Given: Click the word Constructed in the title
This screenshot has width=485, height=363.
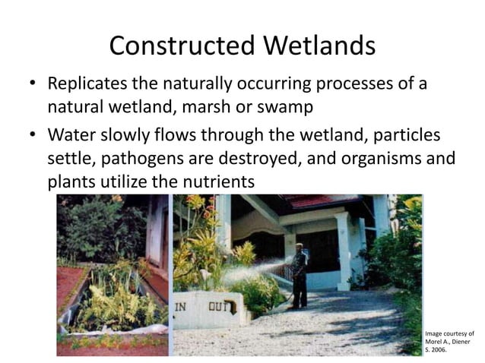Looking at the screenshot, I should click(x=182, y=46).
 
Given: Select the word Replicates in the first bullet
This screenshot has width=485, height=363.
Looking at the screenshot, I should click(x=90, y=84).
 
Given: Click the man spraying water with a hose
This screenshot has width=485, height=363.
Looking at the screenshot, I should click(x=300, y=273).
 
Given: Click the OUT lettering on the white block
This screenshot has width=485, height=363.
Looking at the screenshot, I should click(x=220, y=306).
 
